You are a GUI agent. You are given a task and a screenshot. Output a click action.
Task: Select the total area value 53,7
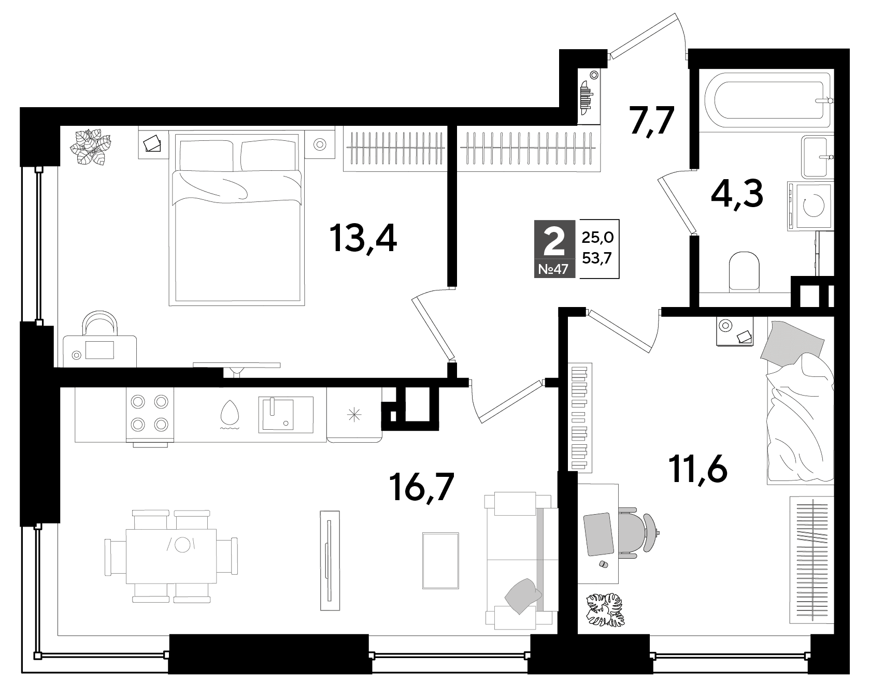tap(597, 258)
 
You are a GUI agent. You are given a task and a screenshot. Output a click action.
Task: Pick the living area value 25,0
tap(597, 238)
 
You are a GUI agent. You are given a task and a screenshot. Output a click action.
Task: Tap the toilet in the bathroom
tap(744, 270)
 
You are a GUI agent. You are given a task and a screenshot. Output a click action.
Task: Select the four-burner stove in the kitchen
tap(150, 414)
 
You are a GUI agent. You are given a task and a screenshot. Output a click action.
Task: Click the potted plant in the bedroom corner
tap(92, 147)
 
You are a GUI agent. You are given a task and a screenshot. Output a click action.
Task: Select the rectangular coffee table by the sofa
tap(440, 560)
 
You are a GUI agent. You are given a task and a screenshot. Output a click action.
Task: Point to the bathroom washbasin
tap(817, 156)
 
